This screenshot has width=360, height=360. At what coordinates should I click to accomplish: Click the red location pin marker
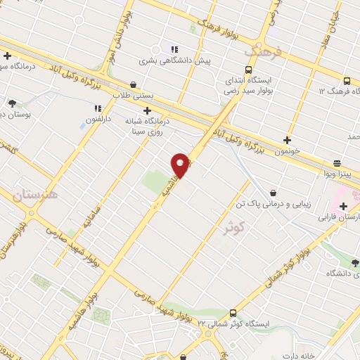(x=181, y=164)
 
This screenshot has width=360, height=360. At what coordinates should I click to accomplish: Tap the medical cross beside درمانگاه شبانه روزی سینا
(x=146, y=110)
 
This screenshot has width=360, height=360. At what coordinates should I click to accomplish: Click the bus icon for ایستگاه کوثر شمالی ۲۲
(x=233, y=312)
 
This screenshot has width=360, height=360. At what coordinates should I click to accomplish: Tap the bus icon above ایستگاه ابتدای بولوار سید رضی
(x=247, y=69)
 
